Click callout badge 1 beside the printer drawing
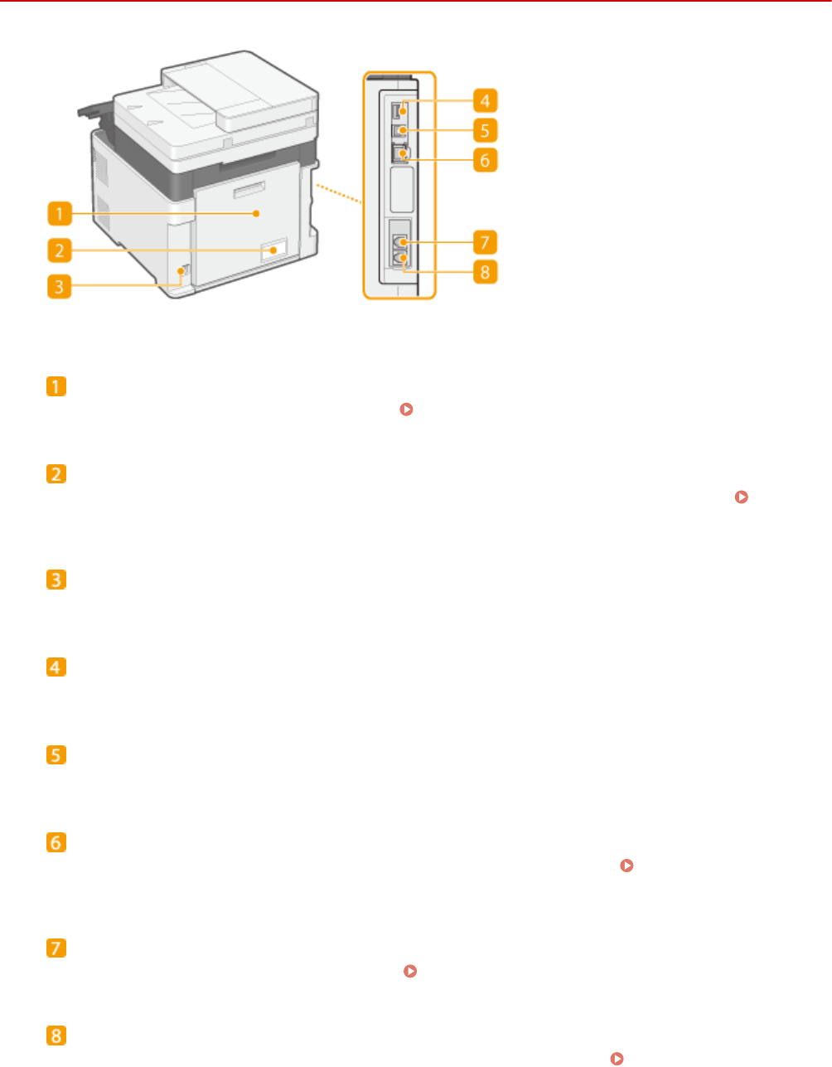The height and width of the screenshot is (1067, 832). pos(59,215)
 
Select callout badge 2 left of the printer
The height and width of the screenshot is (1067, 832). pos(59,250)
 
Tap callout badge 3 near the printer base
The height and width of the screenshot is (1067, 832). pos(59,287)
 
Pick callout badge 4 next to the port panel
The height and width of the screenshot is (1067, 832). pos(486,102)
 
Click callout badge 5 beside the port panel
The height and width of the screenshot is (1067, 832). pos(486,130)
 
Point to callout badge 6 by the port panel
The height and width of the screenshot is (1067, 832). pos(486,158)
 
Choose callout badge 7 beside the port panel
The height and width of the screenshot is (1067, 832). pos(486,243)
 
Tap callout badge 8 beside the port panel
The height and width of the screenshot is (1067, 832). pos(486,271)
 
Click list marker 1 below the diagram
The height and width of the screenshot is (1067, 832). pos(56,387)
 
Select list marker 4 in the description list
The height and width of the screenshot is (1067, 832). pos(56,667)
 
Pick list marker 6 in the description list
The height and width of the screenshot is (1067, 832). pos(56,842)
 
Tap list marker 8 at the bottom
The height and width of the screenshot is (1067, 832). pos(56,1035)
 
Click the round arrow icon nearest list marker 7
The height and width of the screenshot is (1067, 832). pos(408,970)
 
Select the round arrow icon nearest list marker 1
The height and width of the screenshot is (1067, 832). pos(406,410)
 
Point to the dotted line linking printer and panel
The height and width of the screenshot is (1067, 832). pos(338,190)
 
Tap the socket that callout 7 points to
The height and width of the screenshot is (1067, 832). pos(399,243)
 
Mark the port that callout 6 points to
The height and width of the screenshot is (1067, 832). pos(399,153)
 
